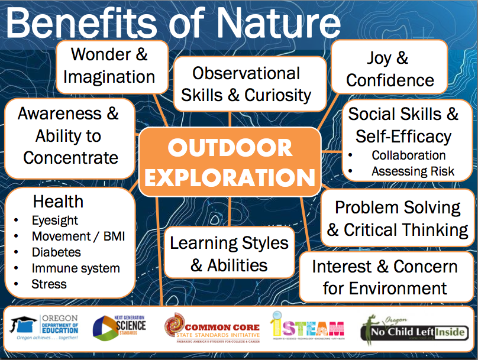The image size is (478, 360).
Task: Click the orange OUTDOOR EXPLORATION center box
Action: (x=230, y=162)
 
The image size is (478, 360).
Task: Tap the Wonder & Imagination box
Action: (x=109, y=66)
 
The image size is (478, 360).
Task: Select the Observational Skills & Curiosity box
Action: (x=246, y=84)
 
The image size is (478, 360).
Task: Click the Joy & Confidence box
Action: (x=389, y=69)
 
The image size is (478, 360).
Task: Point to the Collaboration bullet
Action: (x=408, y=155)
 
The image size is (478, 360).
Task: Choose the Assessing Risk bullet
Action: (x=412, y=171)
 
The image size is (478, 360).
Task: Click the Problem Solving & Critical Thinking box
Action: (x=398, y=218)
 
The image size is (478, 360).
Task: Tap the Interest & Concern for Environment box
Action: (x=385, y=277)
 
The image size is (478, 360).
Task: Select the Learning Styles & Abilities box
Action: (x=229, y=254)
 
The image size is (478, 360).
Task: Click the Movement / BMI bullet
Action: (x=78, y=236)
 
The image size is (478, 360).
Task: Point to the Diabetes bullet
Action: (x=56, y=252)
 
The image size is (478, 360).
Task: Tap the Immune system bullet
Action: (x=75, y=268)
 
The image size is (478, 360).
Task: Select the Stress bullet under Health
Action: (x=49, y=284)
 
